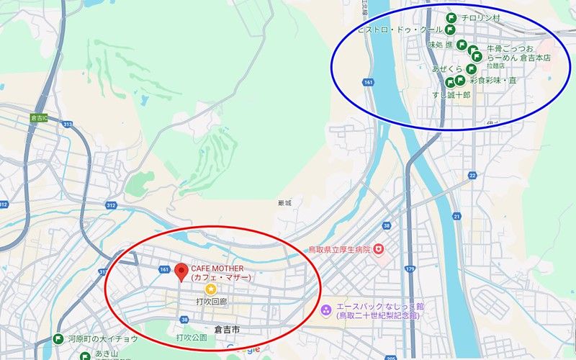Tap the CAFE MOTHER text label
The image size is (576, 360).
(x=220, y=273)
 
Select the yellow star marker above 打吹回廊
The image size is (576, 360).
(x=211, y=288)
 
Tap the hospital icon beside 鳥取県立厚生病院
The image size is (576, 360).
(x=379, y=249)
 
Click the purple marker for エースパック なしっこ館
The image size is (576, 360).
(x=326, y=310)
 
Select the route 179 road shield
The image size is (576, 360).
(x=410, y=269)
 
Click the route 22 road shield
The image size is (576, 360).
(x=472, y=175)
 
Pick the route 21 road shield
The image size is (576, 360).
(x=456, y=215)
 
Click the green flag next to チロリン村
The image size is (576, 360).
(x=450, y=17)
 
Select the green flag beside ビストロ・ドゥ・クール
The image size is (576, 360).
(x=450, y=30)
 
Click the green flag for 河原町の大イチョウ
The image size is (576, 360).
(x=58, y=339)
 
